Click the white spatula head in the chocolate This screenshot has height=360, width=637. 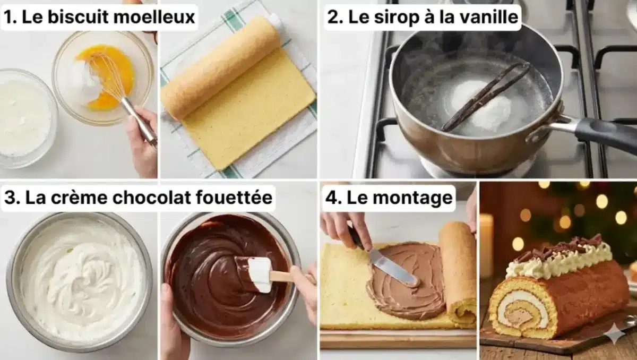[260, 274]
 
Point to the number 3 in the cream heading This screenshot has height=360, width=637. [10, 198]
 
